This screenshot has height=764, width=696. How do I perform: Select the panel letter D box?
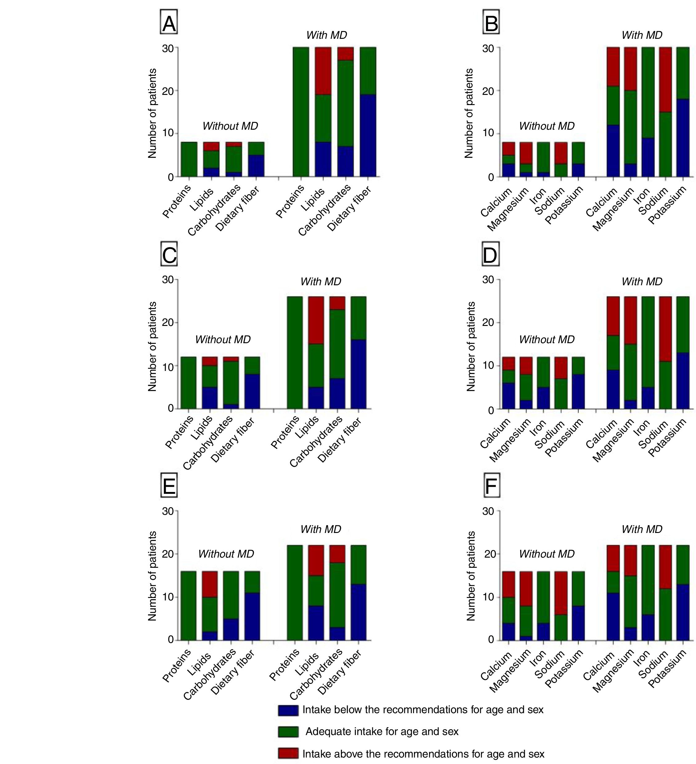coord(490,256)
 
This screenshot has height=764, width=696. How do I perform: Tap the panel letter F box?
coord(492,487)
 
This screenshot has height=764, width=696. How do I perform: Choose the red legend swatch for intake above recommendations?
coord(288,754)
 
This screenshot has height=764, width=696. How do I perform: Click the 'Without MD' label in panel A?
coord(230,126)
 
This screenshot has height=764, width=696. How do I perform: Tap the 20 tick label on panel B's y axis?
coord(488,91)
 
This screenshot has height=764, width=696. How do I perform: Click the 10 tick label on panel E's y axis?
coord(168,597)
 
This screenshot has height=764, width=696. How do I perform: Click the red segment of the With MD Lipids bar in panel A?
coord(323,71)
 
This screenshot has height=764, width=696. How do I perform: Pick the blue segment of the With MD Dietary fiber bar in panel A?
coord(367,135)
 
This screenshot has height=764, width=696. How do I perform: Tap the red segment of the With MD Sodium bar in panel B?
coord(665,79)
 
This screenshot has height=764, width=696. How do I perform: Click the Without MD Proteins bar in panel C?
coord(188,383)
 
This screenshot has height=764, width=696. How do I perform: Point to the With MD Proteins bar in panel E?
coord(295,593)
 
